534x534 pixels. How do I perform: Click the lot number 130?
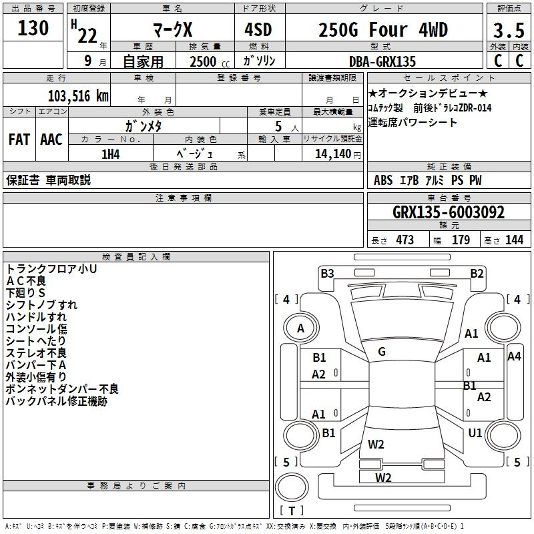[x=33, y=29]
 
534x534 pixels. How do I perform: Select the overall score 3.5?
[x=509, y=31]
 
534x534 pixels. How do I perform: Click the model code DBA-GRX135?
[x=382, y=61]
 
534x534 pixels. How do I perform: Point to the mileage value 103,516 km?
[x=78, y=95]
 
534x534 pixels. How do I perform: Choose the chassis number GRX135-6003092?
[x=449, y=213]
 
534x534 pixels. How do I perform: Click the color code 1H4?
[x=111, y=154]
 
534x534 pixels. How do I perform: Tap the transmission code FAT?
[x=19, y=140]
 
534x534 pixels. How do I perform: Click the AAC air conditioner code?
[x=51, y=140]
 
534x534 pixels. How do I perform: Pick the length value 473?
[x=405, y=240]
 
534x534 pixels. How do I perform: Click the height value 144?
[x=514, y=240]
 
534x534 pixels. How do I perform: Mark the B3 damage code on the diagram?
[x=327, y=273]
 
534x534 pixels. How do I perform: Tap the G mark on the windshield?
[x=382, y=351]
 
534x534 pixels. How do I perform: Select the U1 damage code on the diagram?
[x=475, y=433]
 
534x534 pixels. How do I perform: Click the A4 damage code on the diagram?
[x=514, y=356]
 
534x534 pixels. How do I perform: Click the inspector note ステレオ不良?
[x=37, y=353]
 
